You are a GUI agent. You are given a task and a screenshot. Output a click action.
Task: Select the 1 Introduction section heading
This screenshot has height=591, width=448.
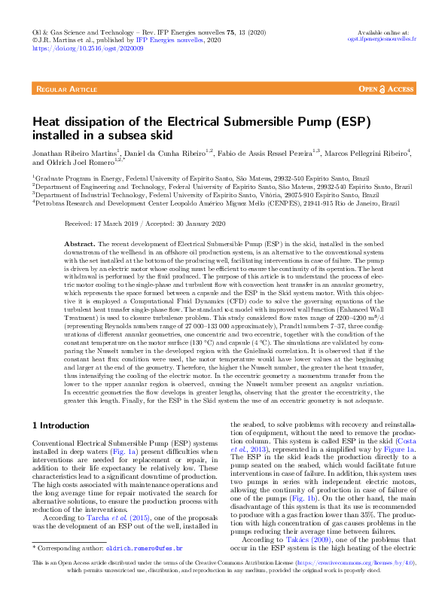point(64,425)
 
